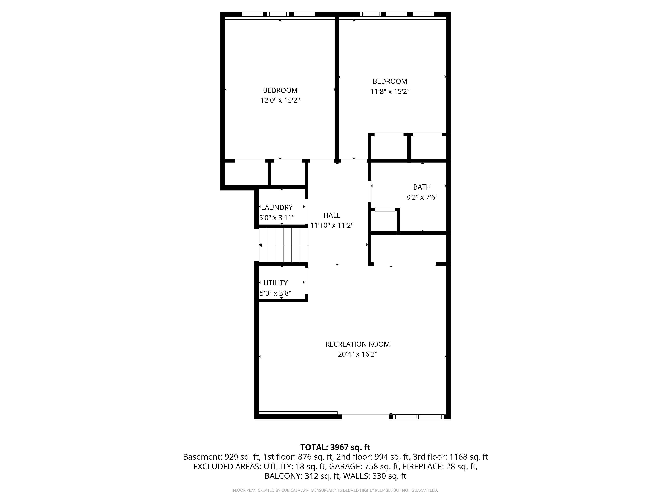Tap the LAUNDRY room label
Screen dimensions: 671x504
click(x=277, y=207)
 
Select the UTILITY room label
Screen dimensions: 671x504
click(x=275, y=283)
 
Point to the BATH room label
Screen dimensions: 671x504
click(x=422, y=187)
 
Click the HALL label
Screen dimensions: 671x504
click(x=332, y=215)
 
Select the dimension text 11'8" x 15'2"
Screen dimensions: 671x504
click(x=390, y=91)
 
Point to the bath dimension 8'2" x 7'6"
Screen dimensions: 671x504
click(x=422, y=197)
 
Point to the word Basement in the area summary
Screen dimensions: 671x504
click(x=202, y=457)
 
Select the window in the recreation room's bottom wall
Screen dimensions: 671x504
click(x=419, y=417)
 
